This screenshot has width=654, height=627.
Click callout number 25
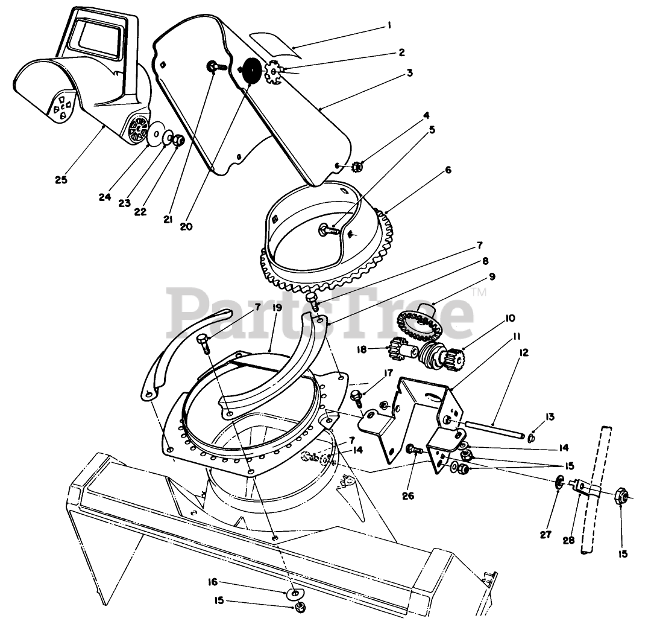point(61,180)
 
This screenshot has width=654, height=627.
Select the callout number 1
point(389,25)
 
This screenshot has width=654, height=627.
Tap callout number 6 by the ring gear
point(448,170)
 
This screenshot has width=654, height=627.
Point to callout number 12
point(524,353)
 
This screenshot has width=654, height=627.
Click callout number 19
point(277,308)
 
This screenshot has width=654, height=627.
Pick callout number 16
point(213,582)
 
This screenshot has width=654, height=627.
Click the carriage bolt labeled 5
point(330,229)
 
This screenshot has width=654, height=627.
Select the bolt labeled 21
point(216,66)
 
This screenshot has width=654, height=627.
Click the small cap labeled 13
point(532,438)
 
